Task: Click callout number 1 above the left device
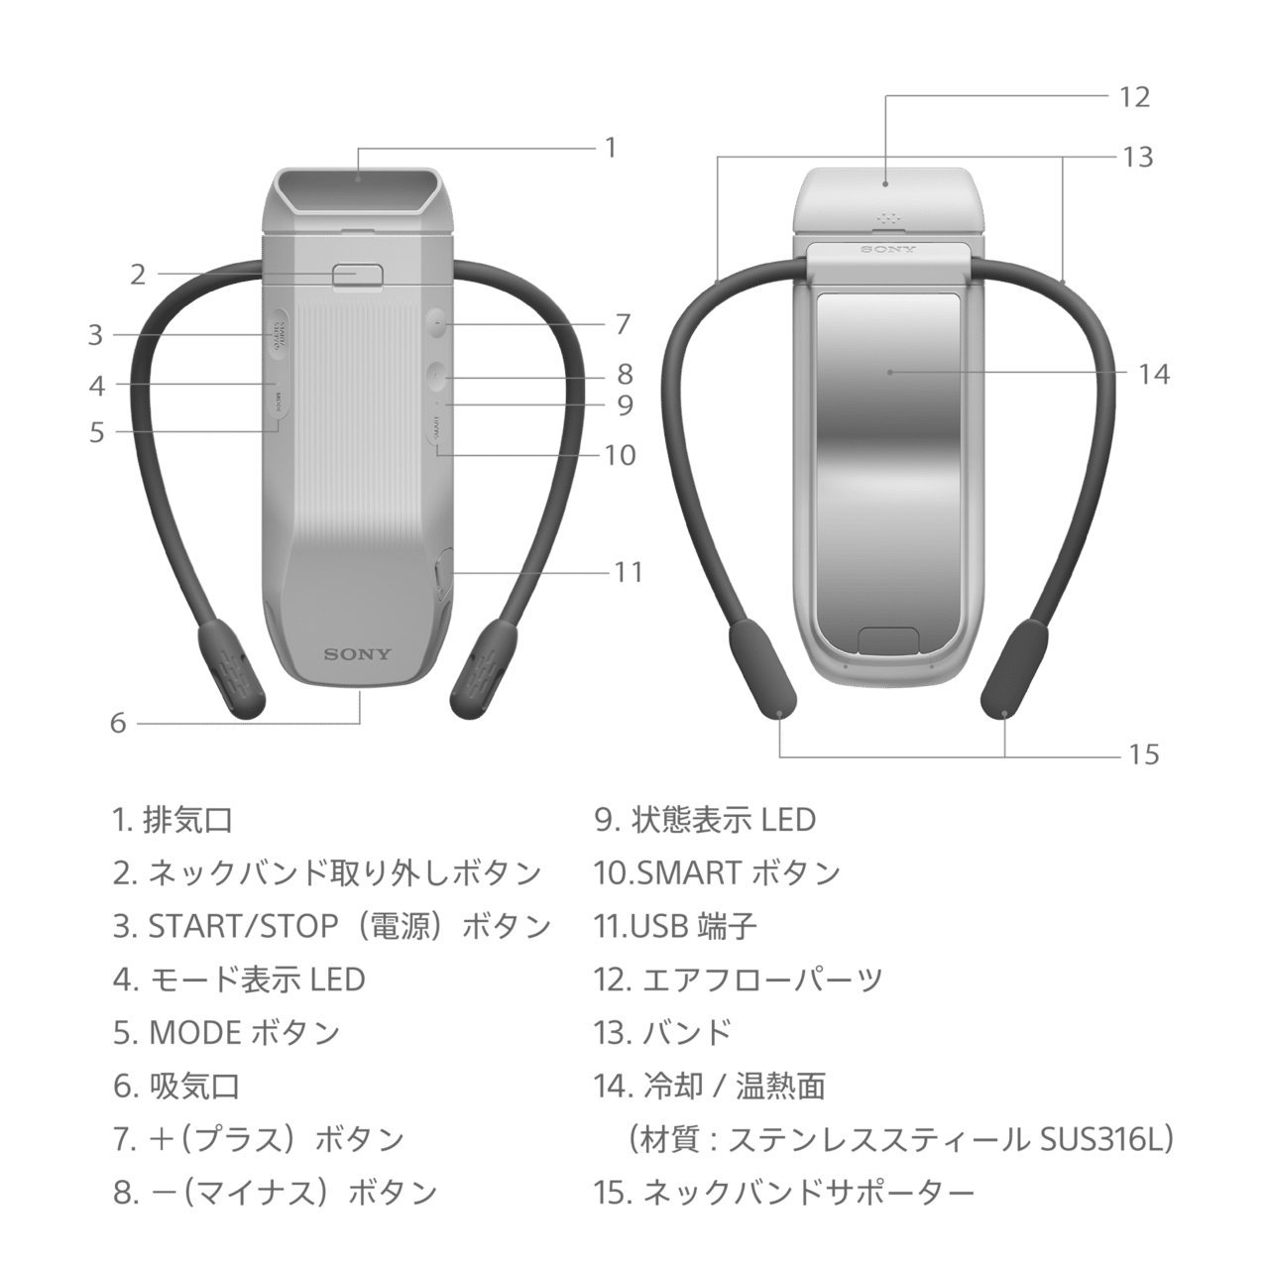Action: [612, 148]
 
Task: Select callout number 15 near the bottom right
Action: [1143, 754]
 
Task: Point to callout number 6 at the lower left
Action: [119, 723]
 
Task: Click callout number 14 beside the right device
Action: [1154, 375]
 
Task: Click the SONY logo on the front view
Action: [358, 654]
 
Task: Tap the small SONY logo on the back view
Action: [887, 250]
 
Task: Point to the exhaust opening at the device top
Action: [358, 187]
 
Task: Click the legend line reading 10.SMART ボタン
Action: [717, 873]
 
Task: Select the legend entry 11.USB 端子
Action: [676, 927]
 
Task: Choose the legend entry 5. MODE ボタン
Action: [227, 1033]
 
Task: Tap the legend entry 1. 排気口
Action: [173, 820]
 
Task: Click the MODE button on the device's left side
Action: [279, 402]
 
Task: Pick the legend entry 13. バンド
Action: [662, 1033]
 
